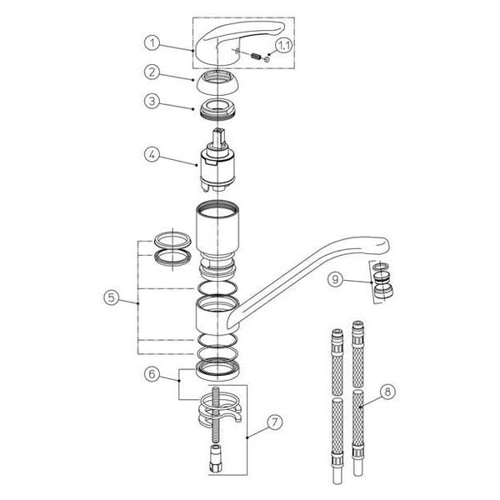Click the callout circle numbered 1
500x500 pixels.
152,42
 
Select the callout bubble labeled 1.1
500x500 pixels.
283,46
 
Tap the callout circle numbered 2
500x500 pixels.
152,72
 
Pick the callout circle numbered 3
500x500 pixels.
152,102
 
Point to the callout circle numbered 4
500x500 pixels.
152,155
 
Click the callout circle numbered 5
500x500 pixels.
112,297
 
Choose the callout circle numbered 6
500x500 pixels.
152,373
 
